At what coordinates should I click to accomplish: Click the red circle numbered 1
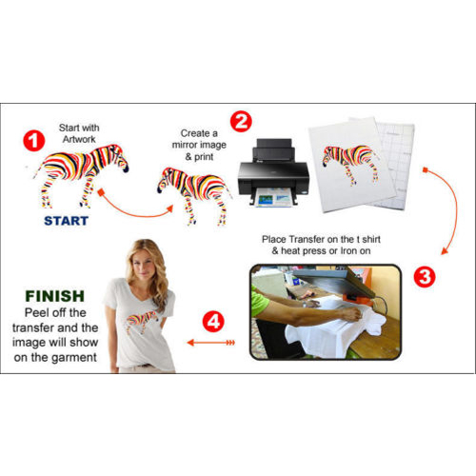34,141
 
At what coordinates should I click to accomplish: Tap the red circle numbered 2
241,121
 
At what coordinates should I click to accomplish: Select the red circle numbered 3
425,277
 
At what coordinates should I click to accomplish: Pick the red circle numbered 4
213,322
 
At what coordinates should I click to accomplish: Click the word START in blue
66,221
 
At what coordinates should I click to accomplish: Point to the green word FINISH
55,296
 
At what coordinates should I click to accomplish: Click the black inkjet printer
273,173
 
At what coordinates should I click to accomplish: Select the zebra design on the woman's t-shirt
142,322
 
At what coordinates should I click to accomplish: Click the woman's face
145,266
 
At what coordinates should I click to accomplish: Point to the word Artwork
79,139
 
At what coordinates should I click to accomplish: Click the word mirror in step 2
187,145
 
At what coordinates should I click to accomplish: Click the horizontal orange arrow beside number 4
210,343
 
